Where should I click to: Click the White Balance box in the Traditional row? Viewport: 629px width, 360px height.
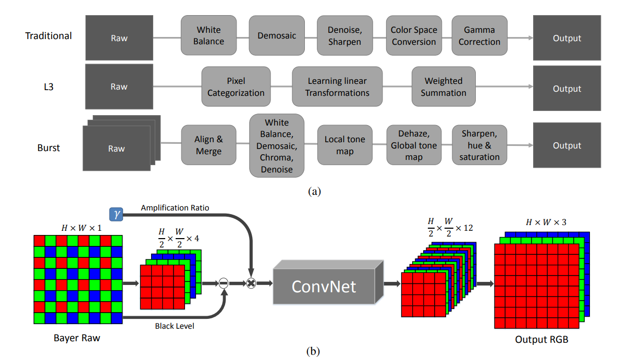[x=208, y=35]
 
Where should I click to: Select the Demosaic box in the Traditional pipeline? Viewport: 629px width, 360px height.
[x=277, y=35]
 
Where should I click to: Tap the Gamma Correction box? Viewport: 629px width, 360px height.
[x=479, y=35]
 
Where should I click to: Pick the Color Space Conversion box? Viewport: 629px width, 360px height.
[x=414, y=35]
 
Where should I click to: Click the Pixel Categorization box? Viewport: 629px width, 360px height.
[x=236, y=87]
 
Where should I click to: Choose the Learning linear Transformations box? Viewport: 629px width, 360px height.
[x=337, y=87]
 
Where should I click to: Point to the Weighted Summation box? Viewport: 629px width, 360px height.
[x=443, y=87]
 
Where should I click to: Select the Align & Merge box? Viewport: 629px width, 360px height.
[x=208, y=145]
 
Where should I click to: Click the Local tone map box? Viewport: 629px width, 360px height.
[x=345, y=145]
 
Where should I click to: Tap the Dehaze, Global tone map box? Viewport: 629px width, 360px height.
[x=414, y=145]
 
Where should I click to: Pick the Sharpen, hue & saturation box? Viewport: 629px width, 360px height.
[x=479, y=145]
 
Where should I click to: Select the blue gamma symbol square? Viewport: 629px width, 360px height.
[x=115, y=214]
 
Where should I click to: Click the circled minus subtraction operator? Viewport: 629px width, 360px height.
[x=223, y=283]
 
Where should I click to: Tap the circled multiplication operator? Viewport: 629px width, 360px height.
[x=251, y=283]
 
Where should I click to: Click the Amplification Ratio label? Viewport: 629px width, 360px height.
[x=175, y=208]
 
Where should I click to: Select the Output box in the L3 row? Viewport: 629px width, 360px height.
[x=567, y=89]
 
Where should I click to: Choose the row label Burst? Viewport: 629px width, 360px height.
[x=48, y=147]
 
